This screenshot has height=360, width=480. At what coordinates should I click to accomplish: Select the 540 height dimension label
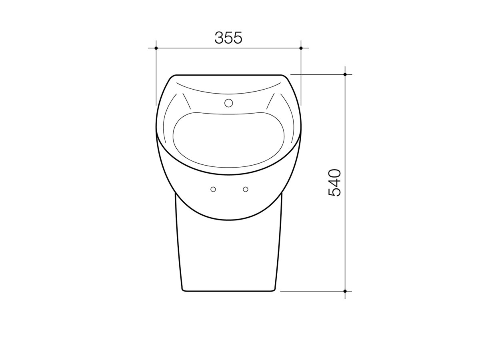pyautogui.click(x=334, y=182)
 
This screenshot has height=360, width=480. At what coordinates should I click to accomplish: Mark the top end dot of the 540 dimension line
pyautogui.click(x=345, y=74)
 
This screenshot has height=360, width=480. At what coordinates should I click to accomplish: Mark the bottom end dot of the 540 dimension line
pyautogui.click(x=345, y=291)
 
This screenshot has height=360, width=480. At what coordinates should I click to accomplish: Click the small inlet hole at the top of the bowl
pyautogui.click(x=228, y=103)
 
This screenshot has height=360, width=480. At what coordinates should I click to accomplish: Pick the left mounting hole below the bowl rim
pyautogui.click(x=213, y=189)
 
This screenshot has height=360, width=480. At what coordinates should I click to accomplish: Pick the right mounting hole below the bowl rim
pyautogui.click(x=246, y=189)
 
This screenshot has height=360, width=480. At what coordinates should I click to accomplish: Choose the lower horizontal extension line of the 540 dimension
pyautogui.click(x=312, y=291)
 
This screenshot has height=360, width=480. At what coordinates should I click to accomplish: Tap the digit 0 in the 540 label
pyautogui.click(x=334, y=174)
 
